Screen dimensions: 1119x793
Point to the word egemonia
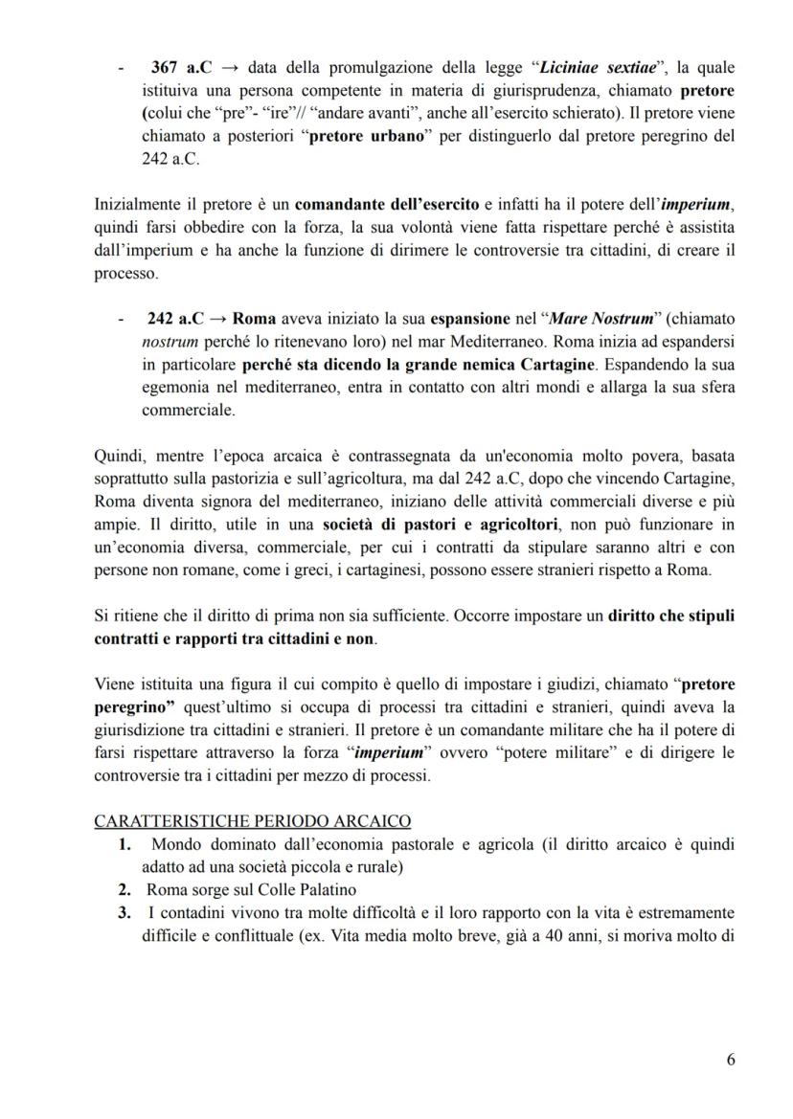coord(170,384)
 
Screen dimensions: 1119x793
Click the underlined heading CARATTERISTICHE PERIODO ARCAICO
coord(254,820)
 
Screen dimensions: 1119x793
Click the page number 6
coord(731,1059)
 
